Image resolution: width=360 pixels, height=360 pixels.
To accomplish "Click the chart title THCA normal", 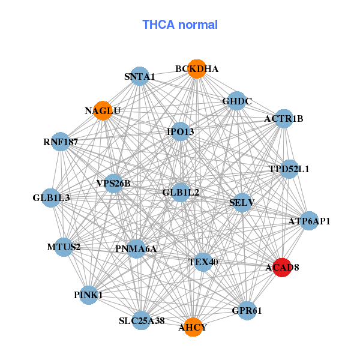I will tap(180, 25).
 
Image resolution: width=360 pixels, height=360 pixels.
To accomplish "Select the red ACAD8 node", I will tap(282, 268).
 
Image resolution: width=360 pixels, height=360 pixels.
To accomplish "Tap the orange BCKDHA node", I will tap(196, 69).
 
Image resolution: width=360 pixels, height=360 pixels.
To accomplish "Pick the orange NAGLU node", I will tap(103, 111).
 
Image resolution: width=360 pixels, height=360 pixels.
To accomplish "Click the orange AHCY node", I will tap(193, 327).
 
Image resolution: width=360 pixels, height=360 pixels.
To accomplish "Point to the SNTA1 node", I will tap(140, 76).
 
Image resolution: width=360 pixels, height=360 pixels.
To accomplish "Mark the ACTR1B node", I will tap(284, 119).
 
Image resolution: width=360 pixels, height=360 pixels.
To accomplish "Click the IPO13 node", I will tap(181, 131).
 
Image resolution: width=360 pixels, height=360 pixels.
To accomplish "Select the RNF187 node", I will tap(61, 142).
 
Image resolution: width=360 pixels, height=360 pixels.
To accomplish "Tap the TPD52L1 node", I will tap(289, 169).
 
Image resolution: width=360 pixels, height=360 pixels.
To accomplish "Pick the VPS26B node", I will tap(113, 183).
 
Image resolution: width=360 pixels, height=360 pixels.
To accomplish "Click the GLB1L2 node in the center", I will tap(181, 192).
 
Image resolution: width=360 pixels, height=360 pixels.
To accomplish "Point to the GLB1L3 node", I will tap(51, 197).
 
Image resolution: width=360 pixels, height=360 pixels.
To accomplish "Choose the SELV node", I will tap(242, 202).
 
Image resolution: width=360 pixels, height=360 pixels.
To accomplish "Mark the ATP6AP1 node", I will tap(309, 221).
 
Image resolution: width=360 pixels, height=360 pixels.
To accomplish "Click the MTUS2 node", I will tap(64, 247).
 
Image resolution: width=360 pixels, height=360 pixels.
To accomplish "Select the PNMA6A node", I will tap(136, 248).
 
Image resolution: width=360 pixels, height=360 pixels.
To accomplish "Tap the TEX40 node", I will tap(203, 262).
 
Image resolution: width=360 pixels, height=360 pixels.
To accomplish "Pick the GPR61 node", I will tap(247, 311).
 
